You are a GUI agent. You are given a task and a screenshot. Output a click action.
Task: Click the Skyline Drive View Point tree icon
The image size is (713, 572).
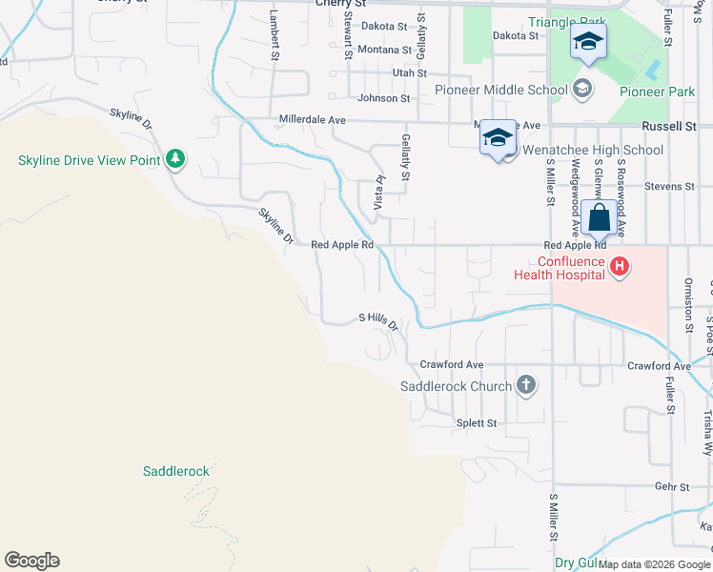[174, 159]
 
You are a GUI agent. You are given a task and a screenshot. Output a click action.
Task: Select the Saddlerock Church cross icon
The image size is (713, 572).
[525, 385]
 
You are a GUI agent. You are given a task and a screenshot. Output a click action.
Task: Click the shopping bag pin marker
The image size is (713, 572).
[600, 217]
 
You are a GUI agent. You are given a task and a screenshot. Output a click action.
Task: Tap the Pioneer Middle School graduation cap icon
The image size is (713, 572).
[581, 91]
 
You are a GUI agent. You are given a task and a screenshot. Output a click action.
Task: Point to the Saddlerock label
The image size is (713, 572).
[175, 471]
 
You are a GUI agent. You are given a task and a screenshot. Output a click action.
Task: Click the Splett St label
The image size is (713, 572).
[477, 422]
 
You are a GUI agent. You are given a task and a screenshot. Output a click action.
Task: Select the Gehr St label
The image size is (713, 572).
[672, 486]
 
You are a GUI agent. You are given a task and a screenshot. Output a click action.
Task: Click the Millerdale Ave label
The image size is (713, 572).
[312, 120]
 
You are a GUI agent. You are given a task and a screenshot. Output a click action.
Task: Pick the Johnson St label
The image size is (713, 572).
[383, 97]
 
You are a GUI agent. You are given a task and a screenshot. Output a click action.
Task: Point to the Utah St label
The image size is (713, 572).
[410, 72]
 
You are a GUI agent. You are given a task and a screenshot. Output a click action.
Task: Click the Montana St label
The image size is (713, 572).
[385, 50]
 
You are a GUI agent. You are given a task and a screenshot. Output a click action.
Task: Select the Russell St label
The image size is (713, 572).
[669, 126]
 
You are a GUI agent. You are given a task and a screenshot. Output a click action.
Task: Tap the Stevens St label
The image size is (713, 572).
[669, 187]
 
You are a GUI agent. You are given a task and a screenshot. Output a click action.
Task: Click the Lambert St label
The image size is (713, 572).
[274, 37]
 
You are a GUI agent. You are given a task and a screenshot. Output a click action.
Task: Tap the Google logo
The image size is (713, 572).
[31, 561]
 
